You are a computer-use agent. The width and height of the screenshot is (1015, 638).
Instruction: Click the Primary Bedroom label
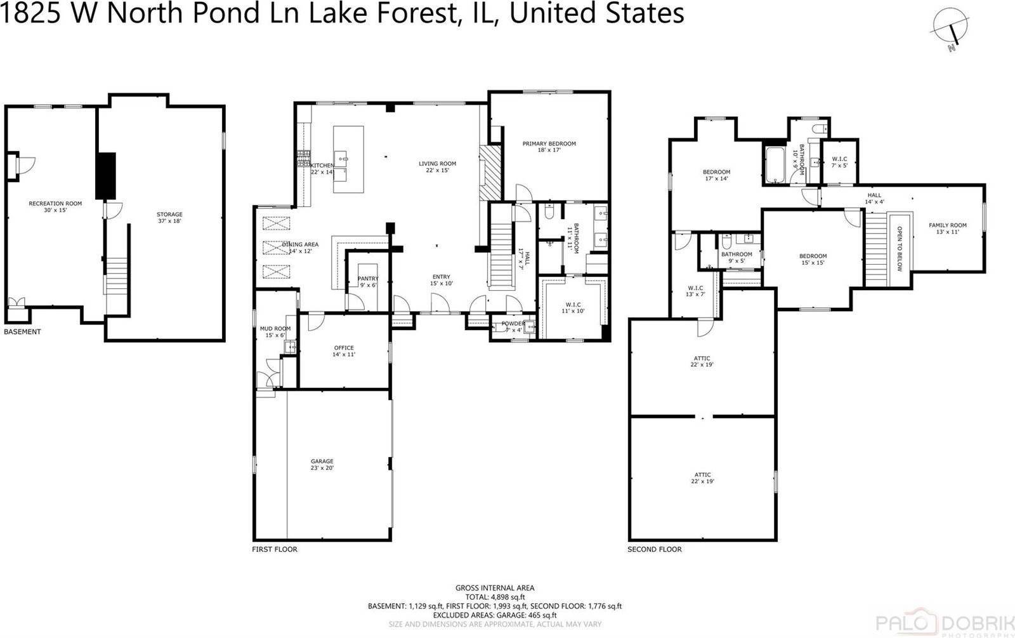coord(549,147)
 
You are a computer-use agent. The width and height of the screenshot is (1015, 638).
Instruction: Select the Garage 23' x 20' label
coord(322,464)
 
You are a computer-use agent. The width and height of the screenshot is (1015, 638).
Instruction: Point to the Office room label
coord(343,351)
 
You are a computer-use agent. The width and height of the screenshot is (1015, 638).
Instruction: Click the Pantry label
coord(368,282)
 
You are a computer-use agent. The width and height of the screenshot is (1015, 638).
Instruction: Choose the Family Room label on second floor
coord(947,229)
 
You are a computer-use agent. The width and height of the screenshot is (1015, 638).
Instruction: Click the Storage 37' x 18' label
coord(169,217)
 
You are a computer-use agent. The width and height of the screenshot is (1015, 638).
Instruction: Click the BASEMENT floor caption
coord(22,331)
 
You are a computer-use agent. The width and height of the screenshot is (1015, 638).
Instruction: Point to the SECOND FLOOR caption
coord(654,549)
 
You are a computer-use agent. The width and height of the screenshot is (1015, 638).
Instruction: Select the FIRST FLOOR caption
coord(274,549)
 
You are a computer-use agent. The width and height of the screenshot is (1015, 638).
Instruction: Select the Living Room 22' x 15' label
coord(437,167)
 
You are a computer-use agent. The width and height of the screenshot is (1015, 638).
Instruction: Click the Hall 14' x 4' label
coord(874,199)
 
